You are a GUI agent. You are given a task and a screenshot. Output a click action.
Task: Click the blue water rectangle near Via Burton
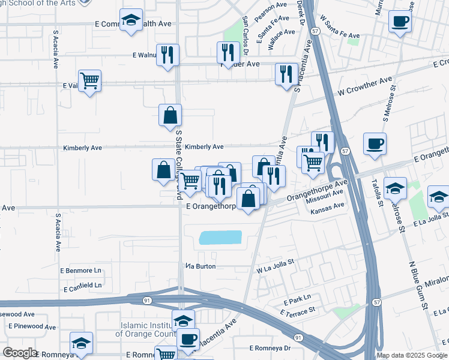[220, 238]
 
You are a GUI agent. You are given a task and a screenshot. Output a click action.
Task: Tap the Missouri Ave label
[325, 194]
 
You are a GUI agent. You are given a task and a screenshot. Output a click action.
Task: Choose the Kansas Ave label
[327, 206]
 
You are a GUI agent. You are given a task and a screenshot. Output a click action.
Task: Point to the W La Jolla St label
[275, 262]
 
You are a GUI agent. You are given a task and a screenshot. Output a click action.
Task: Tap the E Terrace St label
[297, 311]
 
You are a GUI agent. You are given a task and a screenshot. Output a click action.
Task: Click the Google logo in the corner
[20, 353]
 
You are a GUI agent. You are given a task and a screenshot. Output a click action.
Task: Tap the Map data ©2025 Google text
[411, 355]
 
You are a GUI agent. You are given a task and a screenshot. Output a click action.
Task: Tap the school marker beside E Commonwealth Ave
[131, 21]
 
